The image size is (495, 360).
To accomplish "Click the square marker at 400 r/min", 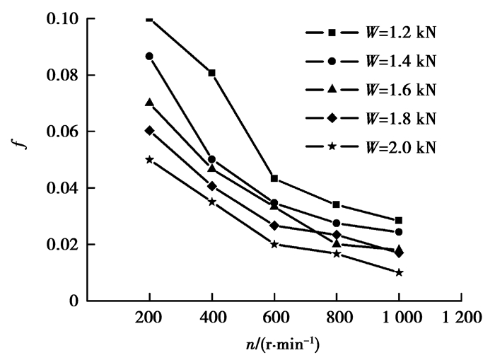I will (211, 73).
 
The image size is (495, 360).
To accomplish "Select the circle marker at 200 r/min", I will (149, 56).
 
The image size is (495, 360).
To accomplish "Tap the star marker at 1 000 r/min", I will (399, 272).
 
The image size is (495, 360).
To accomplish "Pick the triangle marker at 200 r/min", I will (149, 103).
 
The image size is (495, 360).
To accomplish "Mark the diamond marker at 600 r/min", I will (274, 226).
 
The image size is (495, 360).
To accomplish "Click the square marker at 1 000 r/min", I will (399, 221).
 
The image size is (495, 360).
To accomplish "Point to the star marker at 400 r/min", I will (211, 202).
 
